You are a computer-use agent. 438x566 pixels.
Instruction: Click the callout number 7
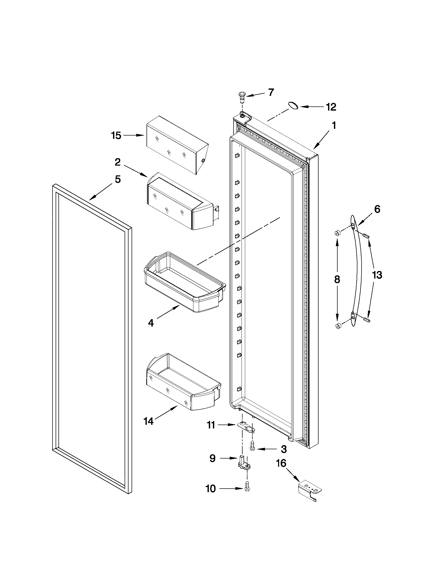[x=271, y=92]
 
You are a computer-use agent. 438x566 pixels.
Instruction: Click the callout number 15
[x=116, y=136]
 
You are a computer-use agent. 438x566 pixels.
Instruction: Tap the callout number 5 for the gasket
[x=118, y=179]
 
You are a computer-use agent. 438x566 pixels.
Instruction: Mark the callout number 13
[x=377, y=275]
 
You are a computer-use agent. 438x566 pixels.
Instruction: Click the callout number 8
[x=337, y=280]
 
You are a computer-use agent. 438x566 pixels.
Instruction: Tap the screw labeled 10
[x=247, y=489]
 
